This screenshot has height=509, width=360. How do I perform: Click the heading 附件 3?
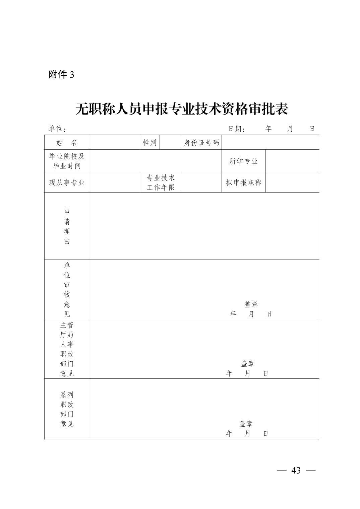[x=61, y=74]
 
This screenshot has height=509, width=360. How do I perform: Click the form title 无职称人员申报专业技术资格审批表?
[x=182, y=109]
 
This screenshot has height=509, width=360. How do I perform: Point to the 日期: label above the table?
[x=237, y=129]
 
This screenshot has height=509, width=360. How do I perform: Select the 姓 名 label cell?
[x=67, y=143]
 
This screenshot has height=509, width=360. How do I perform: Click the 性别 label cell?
[x=149, y=143]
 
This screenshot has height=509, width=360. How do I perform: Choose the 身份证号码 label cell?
[x=201, y=143]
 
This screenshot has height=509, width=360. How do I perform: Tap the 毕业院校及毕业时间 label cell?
[x=67, y=161]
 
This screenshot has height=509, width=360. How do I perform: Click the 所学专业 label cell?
[x=243, y=161]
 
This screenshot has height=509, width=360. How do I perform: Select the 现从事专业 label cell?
[x=67, y=183]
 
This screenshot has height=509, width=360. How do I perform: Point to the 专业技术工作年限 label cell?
[x=161, y=183]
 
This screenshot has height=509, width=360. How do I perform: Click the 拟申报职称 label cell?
[x=243, y=183]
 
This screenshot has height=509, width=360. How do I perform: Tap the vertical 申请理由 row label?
[x=67, y=226]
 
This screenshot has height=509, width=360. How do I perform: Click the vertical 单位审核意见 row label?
[x=67, y=290]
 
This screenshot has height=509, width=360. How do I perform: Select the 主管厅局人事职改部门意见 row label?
[x=67, y=349]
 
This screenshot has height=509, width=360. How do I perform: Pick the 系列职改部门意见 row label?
[x=67, y=409]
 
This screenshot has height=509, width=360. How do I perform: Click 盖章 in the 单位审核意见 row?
[x=251, y=304]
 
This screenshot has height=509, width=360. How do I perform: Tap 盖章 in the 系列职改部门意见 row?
[x=246, y=424]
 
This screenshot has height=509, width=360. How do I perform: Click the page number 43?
[x=296, y=470]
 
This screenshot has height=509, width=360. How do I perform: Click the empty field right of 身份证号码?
[x=270, y=143]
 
